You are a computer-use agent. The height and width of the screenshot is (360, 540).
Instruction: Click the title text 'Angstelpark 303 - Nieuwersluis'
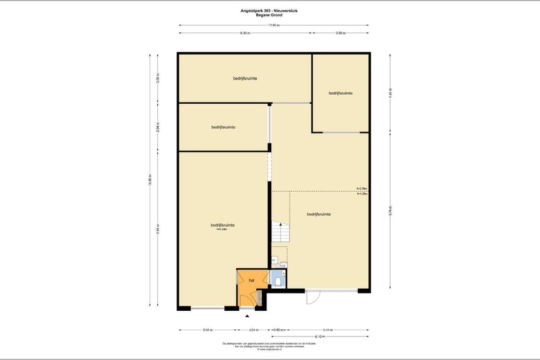[x=270, y=10]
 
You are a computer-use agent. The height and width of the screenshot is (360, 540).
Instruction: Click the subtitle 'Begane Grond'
[x=270, y=15]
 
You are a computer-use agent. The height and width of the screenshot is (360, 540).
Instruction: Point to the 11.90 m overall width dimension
[x=273, y=25]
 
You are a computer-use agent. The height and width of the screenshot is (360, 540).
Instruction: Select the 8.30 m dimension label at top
[x=245, y=33]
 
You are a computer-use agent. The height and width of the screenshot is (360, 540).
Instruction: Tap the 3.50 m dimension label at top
[x=340, y=33]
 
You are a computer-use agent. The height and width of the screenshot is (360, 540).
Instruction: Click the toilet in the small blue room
[x=278, y=282]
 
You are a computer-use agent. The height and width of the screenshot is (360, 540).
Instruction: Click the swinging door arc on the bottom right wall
[x=313, y=297]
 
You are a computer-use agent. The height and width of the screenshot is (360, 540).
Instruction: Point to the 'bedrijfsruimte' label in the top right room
[x=341, y=93]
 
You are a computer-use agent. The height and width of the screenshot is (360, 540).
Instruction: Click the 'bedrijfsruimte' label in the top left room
[x=245, y=78]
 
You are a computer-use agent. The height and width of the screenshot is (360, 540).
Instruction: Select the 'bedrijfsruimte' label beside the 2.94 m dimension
[x=223, y=127]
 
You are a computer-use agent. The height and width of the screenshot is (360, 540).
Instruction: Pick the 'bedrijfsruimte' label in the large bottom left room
[x=223, y=226]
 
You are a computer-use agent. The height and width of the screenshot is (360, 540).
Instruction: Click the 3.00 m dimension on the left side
[x=158, y=78]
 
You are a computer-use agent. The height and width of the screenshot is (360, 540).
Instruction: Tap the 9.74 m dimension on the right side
[x=390, y=210]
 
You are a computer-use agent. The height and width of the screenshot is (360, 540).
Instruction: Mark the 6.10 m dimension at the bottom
[x=319, y=337]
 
